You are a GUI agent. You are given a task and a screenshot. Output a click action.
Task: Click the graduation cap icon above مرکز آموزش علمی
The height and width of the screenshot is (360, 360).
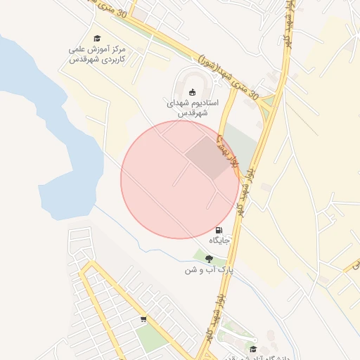97,39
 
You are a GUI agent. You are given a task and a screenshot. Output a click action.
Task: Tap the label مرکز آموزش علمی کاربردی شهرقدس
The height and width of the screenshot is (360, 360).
97,55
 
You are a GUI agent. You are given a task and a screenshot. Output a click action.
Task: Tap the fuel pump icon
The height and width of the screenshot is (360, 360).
219,230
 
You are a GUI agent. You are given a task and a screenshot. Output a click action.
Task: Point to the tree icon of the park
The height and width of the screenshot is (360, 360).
209,259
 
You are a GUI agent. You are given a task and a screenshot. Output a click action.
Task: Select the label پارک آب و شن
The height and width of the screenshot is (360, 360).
209,270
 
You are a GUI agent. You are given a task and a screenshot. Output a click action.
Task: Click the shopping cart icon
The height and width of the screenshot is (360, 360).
143,319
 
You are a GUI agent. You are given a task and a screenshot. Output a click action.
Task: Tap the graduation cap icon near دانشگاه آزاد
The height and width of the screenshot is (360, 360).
253,349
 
